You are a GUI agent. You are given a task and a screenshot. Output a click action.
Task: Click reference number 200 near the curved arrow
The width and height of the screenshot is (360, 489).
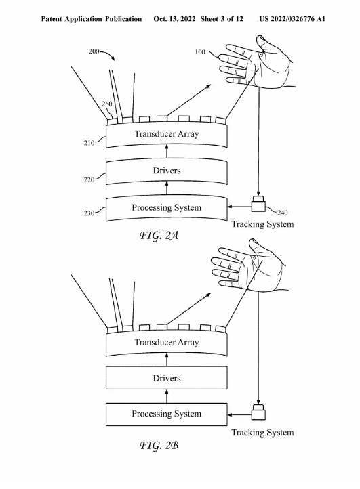[94, 51]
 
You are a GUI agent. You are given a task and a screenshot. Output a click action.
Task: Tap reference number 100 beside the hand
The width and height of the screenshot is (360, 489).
[200, 52]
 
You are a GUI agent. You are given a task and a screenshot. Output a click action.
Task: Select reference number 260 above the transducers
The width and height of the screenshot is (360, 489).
[107, 104]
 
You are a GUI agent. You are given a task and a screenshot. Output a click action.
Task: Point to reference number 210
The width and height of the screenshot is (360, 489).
[89, 143]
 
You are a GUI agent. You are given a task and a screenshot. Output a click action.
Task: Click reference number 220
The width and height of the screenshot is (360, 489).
[89, 179]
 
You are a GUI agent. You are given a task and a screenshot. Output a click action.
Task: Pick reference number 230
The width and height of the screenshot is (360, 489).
[89, 213]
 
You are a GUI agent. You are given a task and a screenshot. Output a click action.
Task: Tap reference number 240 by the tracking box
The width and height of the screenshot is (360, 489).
[282, 213]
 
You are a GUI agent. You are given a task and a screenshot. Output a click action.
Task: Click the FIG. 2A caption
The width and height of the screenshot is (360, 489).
[159, 236]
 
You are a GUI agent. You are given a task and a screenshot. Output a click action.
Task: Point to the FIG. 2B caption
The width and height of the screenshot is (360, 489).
[159, 445]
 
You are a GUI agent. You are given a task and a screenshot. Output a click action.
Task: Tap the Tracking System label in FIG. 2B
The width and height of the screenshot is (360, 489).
[262, 433]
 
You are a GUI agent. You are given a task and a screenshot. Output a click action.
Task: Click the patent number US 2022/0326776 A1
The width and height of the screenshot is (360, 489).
[292, 19]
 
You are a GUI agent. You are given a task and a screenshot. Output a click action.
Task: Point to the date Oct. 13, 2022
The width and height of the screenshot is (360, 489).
[174, 19]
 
